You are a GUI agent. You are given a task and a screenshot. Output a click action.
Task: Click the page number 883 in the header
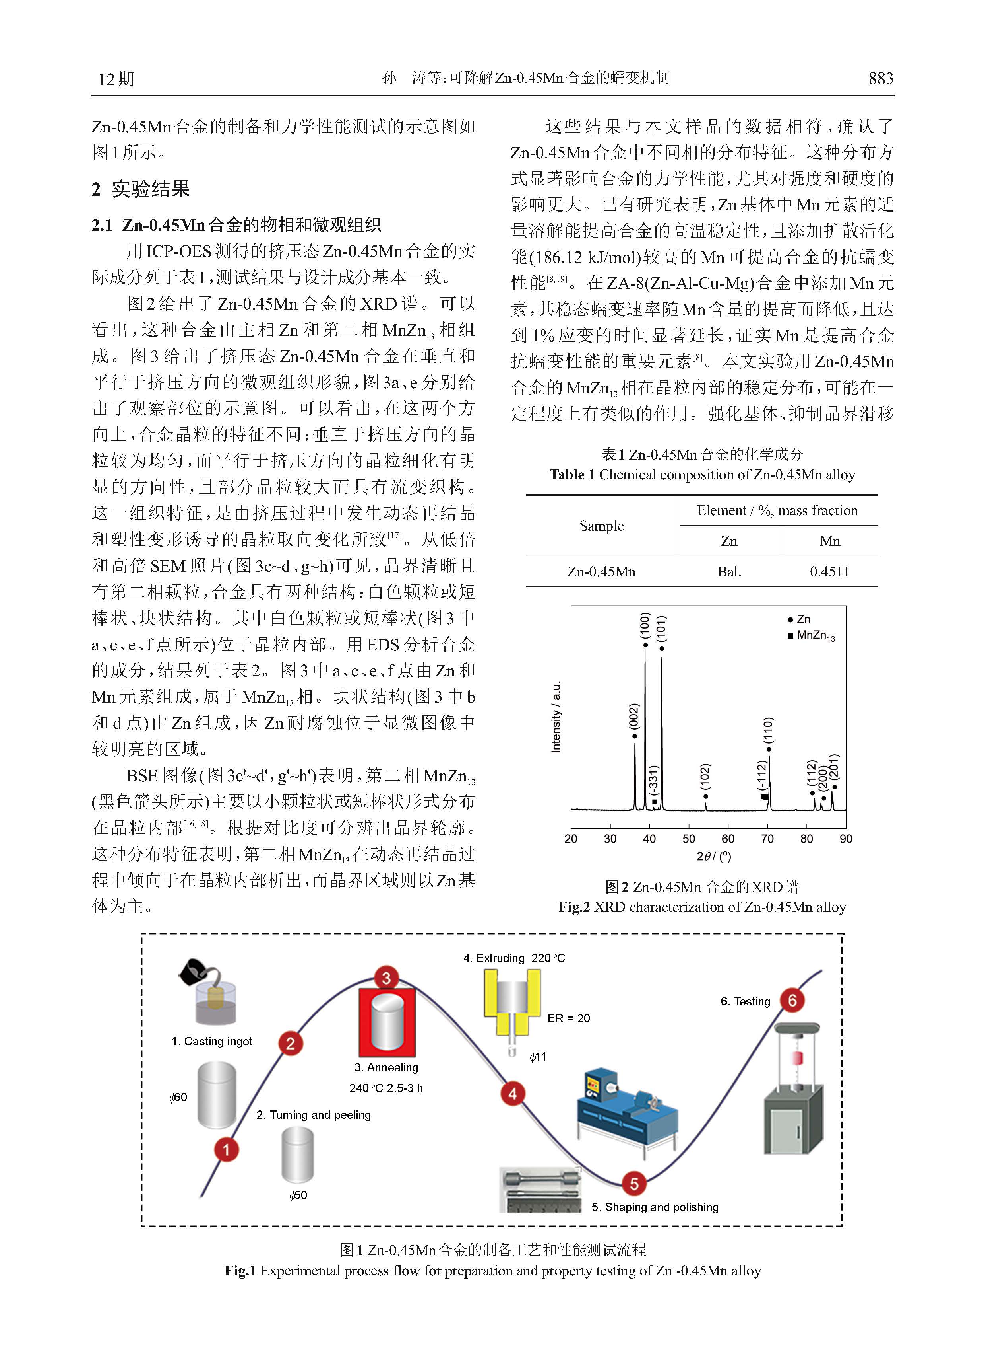coord(880,78)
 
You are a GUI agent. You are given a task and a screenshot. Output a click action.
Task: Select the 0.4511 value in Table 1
coord(829,572)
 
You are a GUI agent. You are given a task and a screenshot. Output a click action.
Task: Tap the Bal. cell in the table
coord(729,572)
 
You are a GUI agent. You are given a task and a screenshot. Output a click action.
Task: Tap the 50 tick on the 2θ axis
coord(689,838)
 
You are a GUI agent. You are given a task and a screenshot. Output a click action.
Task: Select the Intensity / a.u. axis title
coord(556,717)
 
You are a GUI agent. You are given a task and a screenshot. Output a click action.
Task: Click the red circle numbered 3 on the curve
coord(386,978)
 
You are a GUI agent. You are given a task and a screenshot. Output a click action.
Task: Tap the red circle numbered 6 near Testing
coord(792,1000)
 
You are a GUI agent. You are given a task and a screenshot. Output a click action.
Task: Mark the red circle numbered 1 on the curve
coord(227,1150)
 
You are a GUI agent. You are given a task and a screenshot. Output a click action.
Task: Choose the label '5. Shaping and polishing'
coord(655,1207)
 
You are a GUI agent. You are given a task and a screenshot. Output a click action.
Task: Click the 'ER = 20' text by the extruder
coord(568,1018)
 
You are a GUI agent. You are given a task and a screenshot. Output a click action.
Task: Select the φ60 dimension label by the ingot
coord(178,1097)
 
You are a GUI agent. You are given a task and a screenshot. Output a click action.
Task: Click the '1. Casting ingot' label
coord(211,1041)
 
